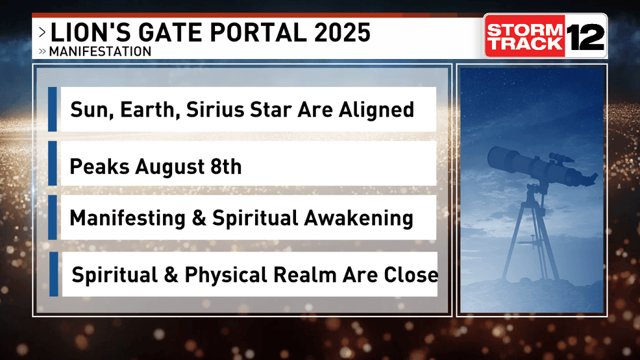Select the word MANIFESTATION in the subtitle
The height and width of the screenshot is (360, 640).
(100, 51)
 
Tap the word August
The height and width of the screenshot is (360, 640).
(170, 167)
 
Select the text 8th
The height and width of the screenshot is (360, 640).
(226, 166)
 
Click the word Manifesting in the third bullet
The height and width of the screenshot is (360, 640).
(127, 218)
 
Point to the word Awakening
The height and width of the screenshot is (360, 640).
(358, 218)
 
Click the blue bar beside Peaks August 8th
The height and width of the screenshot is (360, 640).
(52, 163)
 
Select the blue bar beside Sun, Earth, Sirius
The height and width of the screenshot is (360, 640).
(52, 109)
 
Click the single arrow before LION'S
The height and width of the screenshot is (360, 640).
(42, 32)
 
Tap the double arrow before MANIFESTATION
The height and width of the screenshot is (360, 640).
(42, 51)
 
